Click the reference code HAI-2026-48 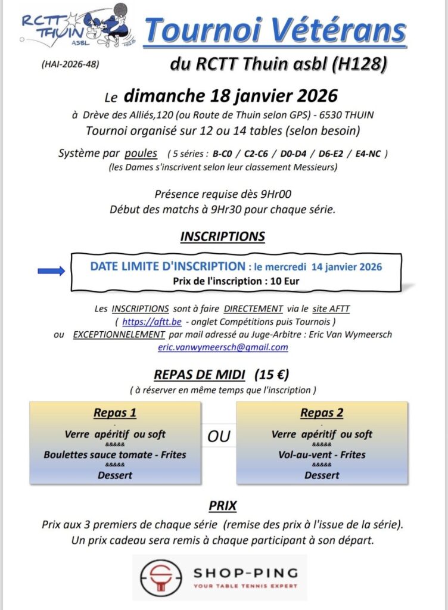click(x=70, y=64)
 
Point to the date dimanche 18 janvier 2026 click(x=231, y=95)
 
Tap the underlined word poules click(x=141, y=154)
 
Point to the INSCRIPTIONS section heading click(x=222, y=236)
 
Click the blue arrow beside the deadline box click(x=51, y=272)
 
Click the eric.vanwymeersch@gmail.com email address click(x=223, y=347)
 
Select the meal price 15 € click(x=271, y=375)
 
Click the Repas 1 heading click(x=115, y=413)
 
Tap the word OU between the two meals click(x=219, y=437)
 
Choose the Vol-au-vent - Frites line click(x=322, y=455)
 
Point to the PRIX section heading click(x=223, y=506)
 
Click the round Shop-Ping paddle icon click(x=159, y=578)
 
